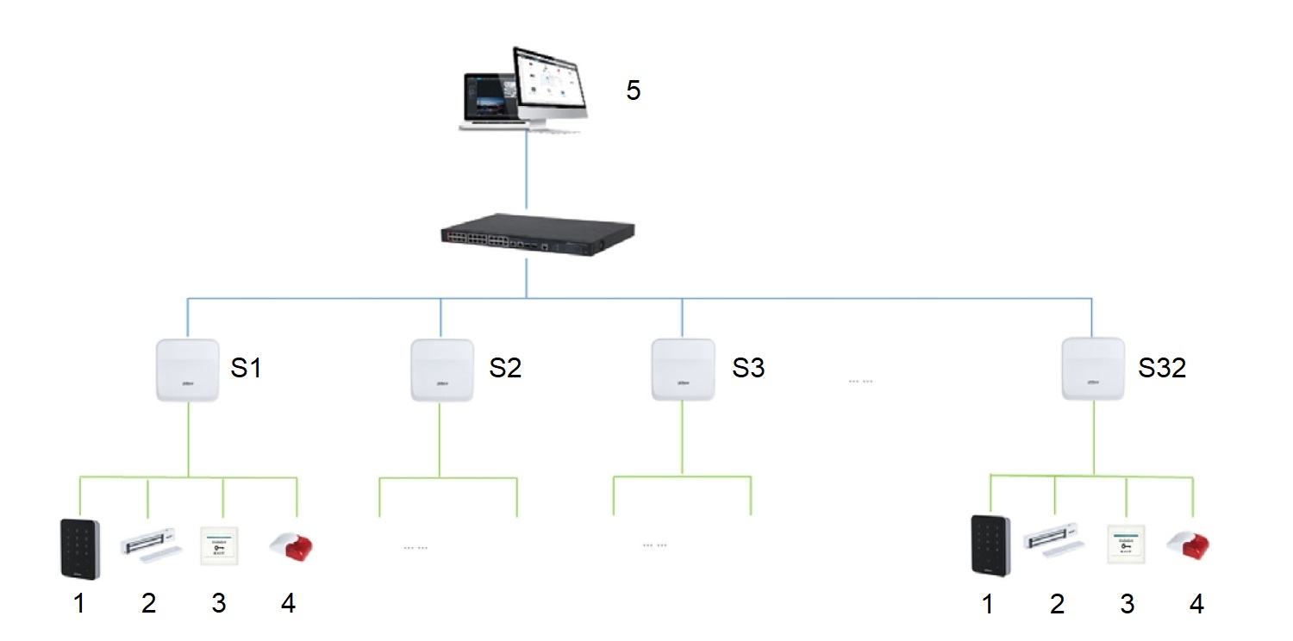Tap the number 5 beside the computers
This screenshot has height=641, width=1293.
click(x=634, y=90)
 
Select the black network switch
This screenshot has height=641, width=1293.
click(x=526, y=237)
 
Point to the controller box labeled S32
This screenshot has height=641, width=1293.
click(x=1092, y=369)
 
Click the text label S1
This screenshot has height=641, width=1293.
click(x=246, y=368)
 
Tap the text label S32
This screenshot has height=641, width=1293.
click(x=1162, y=368)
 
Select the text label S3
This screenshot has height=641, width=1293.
click(x=748, y=368)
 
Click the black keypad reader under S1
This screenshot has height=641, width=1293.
click(x=79, y=548)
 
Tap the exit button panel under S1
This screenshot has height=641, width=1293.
click(x=218, y=545)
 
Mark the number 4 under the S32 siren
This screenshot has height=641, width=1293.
click(x=1196, y=605)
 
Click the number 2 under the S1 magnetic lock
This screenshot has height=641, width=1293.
click(x=149, y=605)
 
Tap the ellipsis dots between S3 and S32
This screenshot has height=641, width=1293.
click(x=860, y=381)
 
